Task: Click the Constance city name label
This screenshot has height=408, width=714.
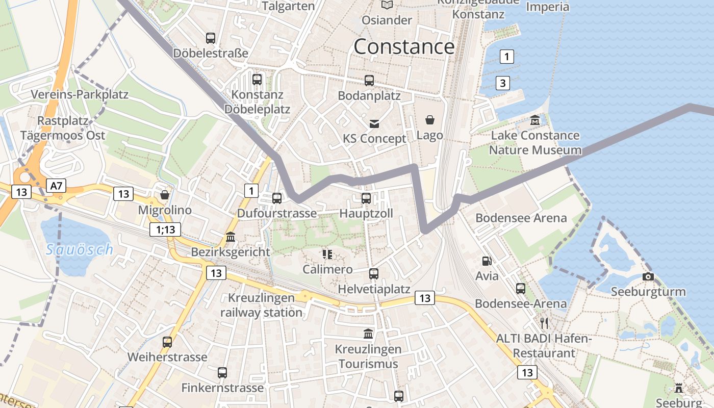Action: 404,47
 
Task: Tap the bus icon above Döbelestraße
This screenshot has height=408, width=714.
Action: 211,38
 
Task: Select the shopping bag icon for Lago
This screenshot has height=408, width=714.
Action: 430,120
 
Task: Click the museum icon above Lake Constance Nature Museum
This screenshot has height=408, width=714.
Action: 535,120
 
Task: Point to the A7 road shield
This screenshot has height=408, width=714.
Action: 56,186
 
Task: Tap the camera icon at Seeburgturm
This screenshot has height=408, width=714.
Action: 648,276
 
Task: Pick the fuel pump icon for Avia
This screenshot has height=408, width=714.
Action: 487,261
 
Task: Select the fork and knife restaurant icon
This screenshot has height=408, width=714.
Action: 544,323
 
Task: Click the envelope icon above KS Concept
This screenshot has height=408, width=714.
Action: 375,123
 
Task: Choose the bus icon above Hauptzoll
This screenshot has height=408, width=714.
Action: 366,198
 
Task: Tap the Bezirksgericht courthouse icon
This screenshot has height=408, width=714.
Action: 231,237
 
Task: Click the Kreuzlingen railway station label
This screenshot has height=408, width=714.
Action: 262,305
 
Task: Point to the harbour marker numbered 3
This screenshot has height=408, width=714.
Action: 503,83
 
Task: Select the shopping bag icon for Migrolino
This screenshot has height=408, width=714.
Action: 165,195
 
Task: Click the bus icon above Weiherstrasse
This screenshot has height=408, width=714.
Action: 167,342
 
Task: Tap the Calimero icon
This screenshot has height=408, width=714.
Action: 327,254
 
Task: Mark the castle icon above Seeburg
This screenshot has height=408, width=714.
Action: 679,388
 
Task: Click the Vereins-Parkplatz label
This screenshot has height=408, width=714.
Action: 80,94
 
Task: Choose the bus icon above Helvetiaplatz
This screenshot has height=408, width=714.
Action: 374,274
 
